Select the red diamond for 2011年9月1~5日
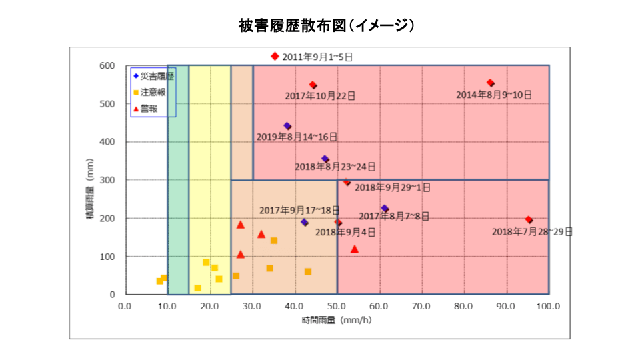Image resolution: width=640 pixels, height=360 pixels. point(275,57)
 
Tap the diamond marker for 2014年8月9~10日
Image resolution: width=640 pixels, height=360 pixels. point(491,83)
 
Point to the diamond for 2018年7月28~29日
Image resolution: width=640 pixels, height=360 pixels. point(529,220)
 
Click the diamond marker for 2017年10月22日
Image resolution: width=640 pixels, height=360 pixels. point(313,85)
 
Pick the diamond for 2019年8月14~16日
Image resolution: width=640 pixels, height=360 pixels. point(287,126)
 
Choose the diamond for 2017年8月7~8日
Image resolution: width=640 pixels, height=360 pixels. point(385,209)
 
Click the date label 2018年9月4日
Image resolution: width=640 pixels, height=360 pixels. point(345,233)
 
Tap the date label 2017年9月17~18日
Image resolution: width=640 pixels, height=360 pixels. point(299,210)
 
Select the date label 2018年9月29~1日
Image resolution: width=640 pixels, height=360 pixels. point(392,188)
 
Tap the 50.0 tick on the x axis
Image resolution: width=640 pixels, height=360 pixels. point(337,306)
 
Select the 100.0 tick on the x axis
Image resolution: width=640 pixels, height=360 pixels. point(548,306)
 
